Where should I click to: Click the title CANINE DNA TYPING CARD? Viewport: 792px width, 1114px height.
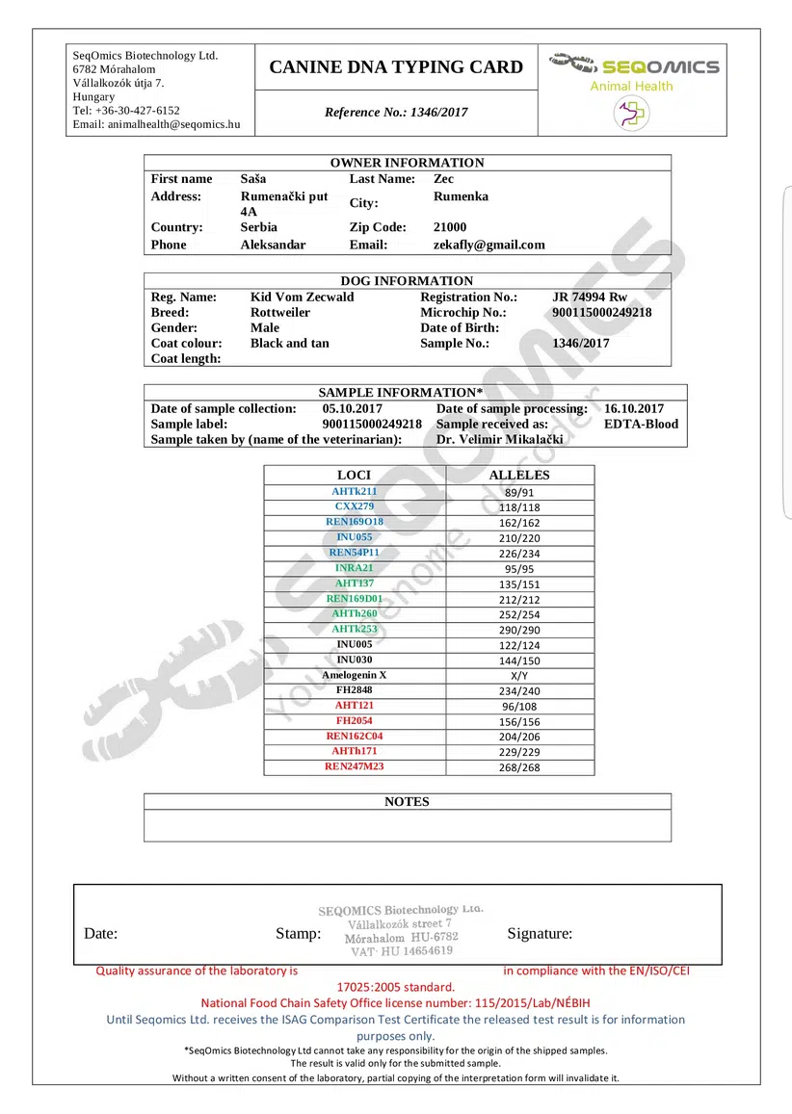(396, 67)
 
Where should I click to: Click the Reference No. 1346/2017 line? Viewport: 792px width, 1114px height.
(396, 113)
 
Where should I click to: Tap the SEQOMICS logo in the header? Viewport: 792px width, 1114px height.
(635, 66)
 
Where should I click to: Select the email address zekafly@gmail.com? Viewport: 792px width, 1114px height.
(488, 245)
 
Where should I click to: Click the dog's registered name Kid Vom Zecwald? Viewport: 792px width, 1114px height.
(302, 297)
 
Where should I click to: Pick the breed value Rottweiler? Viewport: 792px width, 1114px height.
(280, 312)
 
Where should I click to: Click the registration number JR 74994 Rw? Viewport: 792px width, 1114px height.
(590, 297)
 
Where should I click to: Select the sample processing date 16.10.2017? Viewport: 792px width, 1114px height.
(634, 408)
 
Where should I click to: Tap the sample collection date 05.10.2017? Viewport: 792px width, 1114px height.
(353, 408)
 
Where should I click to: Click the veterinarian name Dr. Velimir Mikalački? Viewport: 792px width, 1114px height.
(499, 439)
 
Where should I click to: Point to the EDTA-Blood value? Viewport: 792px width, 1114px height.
(641, 424)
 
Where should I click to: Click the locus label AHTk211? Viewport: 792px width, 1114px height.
(355, 491)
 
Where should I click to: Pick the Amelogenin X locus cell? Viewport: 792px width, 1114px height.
(355, 675)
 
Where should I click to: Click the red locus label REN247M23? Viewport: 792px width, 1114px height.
(355, 766)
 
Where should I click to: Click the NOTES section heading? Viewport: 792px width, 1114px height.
(407, 802)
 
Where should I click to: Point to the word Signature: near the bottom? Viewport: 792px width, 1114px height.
(540, 933)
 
